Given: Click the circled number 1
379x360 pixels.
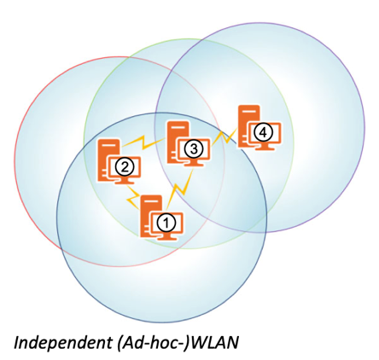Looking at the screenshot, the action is [x=166, y=223].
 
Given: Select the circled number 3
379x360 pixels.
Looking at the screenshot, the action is [x=194, y=148].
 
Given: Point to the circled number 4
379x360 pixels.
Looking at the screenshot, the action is [x=264, y=132].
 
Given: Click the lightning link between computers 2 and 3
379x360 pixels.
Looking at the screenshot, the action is [x=143, y=142].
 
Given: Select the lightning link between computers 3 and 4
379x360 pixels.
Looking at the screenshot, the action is [x=225, y=137].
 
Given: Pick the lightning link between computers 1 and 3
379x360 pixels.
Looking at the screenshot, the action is [x=180, y=189].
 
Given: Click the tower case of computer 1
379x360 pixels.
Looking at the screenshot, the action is [x=150, y=215].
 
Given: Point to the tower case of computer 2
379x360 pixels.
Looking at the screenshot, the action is [x=108, y=160].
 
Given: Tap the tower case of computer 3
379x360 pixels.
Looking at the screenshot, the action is [x=178, y=142].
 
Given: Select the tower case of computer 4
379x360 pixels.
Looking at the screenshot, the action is [x=248, y=125].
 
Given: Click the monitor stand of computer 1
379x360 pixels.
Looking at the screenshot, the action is [x=166, y=236].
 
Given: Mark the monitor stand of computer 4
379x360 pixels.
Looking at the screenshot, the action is [x=265, y=146].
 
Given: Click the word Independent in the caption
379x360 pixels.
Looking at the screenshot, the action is [x=62, y=343].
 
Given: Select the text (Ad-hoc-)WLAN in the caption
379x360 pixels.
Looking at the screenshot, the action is [x=177, y=342].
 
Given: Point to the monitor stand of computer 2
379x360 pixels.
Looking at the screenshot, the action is [x=125, y=181].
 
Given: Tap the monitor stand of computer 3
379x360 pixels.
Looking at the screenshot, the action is [x=195, y=163].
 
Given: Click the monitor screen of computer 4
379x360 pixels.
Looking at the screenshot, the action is [x=265, y=132].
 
